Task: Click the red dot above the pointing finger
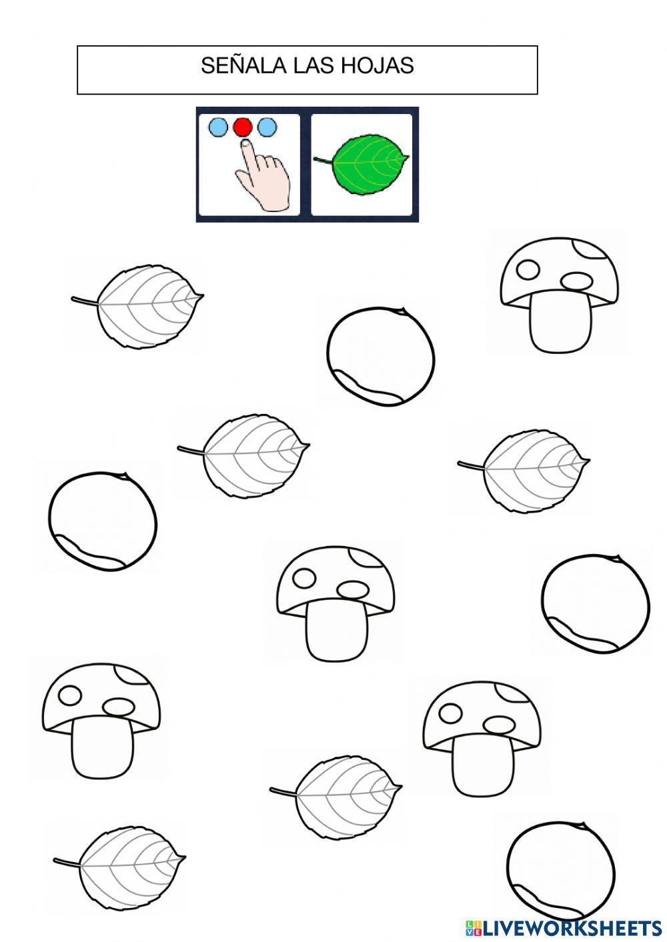click(243, 127)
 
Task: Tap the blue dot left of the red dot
click(219, 127)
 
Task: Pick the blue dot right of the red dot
click(267, 127)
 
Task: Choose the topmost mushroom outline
click(560, 295)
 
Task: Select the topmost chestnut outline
click(381, 356)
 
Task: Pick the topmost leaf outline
click(137, 306)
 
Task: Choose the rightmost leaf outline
click(524, 471)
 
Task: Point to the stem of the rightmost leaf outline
click(472, 465)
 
